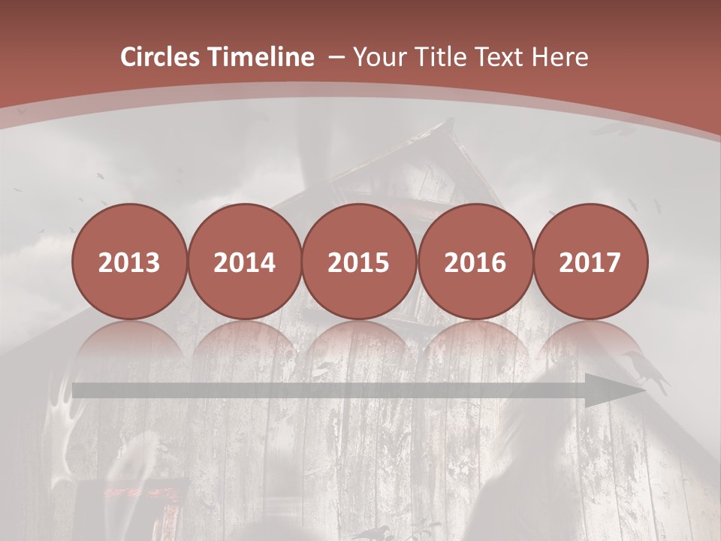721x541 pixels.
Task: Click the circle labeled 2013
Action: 129,262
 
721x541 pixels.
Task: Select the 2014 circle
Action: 244,262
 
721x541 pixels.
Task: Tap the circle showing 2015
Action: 359,262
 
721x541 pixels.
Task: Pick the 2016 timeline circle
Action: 475,262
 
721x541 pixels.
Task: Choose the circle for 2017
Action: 590,262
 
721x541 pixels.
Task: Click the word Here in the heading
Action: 560,57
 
